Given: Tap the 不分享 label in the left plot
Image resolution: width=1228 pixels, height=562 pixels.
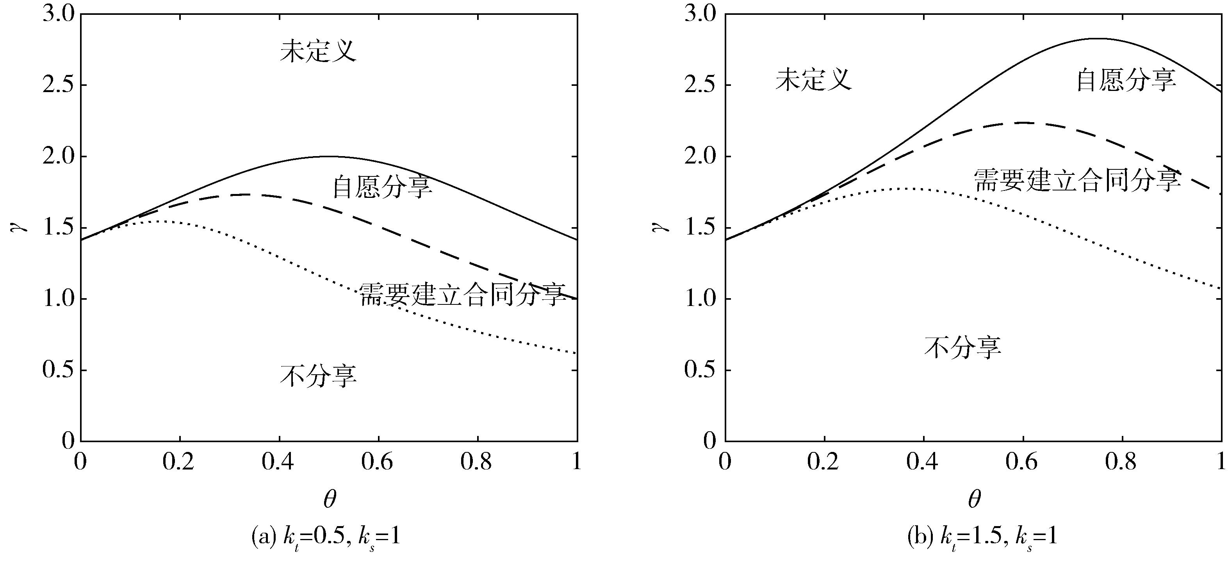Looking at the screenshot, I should tap(318, 376).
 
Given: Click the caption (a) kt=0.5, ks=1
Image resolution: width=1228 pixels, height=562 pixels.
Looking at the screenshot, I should tap(326, 537).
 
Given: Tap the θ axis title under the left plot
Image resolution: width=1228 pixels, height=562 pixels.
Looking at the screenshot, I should tap(330, 499).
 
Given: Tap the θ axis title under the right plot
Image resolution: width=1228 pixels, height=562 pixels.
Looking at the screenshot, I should tap(974, 499).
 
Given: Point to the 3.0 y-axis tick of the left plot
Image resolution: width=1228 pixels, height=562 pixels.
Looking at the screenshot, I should tap(59, 15).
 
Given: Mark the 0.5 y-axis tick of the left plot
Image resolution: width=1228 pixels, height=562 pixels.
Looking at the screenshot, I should tap(59, 370).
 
